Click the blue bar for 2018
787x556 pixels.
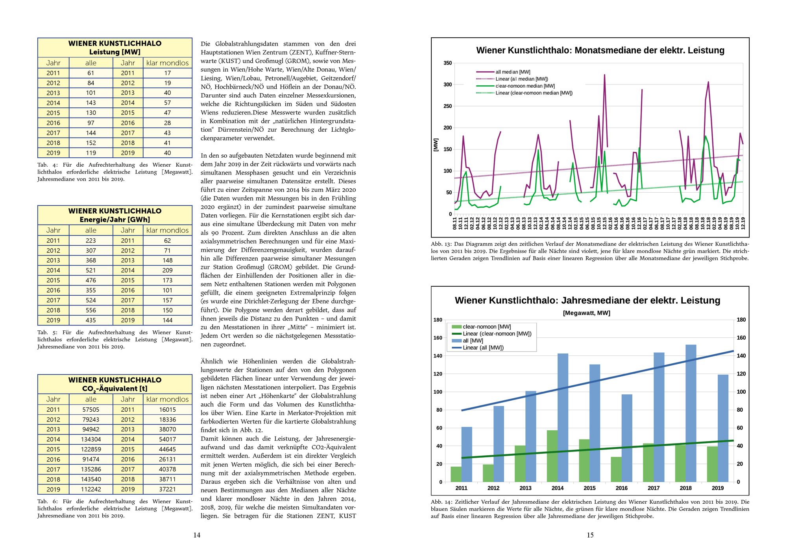coord(691,413)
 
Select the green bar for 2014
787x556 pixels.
coord(552,456)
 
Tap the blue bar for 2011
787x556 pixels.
coord(467,454)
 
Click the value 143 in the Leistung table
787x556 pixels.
coord(91,103)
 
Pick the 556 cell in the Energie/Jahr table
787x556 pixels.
coord(91,310)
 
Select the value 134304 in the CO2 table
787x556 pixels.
coord(91,439)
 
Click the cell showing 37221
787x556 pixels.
coord(167,489)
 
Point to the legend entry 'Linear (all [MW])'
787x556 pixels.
coord(483,348)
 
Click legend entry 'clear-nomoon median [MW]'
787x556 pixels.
coord(525,86)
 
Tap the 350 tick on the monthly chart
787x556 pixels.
coord(448,63)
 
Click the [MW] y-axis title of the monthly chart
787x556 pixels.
coord(436,145)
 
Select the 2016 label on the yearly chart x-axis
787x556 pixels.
coord(621,488)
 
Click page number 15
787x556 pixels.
coord(590,535)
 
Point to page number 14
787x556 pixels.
coord(197,535)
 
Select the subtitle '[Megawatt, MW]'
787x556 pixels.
coord(586,313)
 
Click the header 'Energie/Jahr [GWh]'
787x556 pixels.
coord(115,219)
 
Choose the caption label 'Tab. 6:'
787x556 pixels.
coord(46,501)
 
